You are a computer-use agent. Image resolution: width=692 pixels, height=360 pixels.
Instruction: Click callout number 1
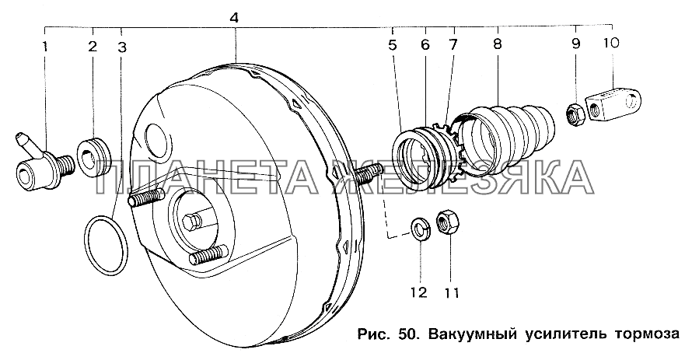(46, 47)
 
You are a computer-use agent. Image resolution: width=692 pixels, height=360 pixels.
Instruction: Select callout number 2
(92, 47)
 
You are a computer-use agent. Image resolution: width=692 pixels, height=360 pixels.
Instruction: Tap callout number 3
(122, 47)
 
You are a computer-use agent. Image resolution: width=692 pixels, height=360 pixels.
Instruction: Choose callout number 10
(610, 43)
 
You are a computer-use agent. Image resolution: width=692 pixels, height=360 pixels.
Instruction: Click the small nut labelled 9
(575, 114)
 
